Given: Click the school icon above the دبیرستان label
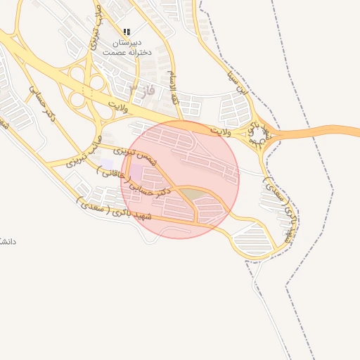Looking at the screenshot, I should tap(127, 32).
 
